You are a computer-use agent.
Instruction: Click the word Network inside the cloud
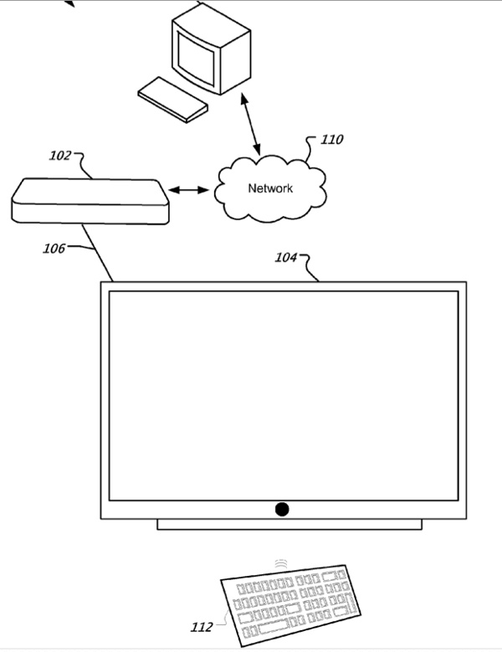click(270, 188)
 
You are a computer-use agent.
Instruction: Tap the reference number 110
click(331, 140)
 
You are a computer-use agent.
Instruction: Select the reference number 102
click(61, 155)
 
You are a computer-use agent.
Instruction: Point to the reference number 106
click(54, 248)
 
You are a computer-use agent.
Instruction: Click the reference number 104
click(286, 258)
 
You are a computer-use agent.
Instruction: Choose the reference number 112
click(202, 624)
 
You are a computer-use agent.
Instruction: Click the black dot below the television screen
click(282, 509)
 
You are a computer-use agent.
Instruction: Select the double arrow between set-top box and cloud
click(190, 191)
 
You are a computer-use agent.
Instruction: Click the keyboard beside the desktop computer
click(172, 99)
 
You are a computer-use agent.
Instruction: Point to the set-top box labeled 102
click(90, 201)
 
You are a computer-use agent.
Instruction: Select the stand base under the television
click(289, 525)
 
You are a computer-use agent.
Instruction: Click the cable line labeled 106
click(99, 251)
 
